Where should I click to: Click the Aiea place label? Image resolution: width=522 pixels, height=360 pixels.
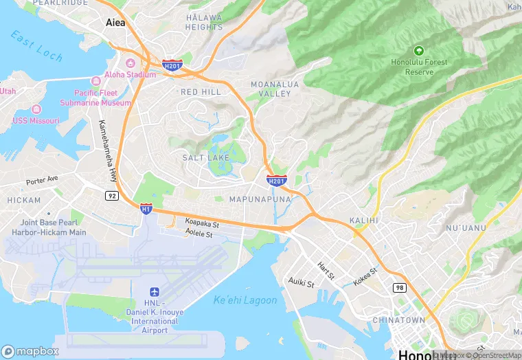[115, 22]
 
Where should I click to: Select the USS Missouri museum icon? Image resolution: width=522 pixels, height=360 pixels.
[36, 109]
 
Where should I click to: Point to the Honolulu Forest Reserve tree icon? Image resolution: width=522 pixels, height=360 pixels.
[419, 50]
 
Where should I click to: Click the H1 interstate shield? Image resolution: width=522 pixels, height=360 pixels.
[146, 207]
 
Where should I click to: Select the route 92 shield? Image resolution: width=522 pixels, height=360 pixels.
[111, 196]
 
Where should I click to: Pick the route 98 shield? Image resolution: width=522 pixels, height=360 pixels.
[400, 286]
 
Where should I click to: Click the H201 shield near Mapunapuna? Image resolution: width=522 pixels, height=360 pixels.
[275, 181]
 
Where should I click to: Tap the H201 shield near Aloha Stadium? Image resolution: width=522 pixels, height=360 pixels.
[172, 65]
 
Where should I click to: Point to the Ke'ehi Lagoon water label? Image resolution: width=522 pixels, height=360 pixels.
[245, 300]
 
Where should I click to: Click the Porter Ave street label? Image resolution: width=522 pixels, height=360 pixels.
[43, 181]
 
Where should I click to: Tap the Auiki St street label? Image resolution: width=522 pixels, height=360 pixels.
[301, 282]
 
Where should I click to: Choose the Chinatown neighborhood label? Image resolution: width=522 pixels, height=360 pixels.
[398, 320]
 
